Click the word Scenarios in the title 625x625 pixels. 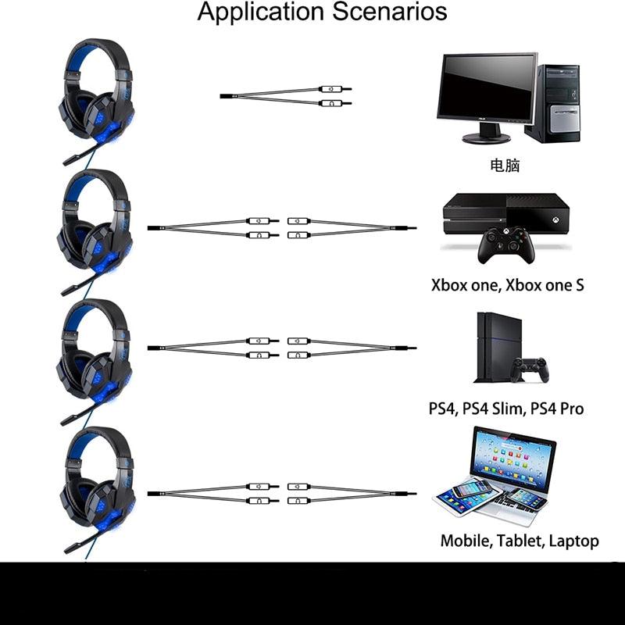(389, 12)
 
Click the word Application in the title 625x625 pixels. (260, 12)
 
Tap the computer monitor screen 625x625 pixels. (487, 87)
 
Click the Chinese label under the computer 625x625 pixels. (505, 165)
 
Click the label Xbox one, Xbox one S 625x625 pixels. (507, 285)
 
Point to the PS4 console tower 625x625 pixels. (498, 347)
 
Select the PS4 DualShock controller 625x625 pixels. (530, 370)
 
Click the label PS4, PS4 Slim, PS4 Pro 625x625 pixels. (506, 409)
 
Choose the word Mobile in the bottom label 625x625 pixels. (465, 541)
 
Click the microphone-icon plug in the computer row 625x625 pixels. (335, 89)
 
